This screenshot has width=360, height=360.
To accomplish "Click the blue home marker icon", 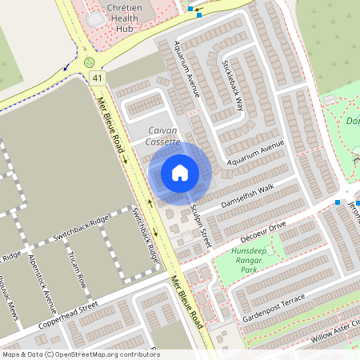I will (180, 172).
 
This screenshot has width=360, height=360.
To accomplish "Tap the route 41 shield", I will (97, 78).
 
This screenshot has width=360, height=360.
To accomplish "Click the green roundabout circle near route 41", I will (89, 62).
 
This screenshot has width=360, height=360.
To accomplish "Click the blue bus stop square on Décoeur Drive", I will (338, 202).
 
